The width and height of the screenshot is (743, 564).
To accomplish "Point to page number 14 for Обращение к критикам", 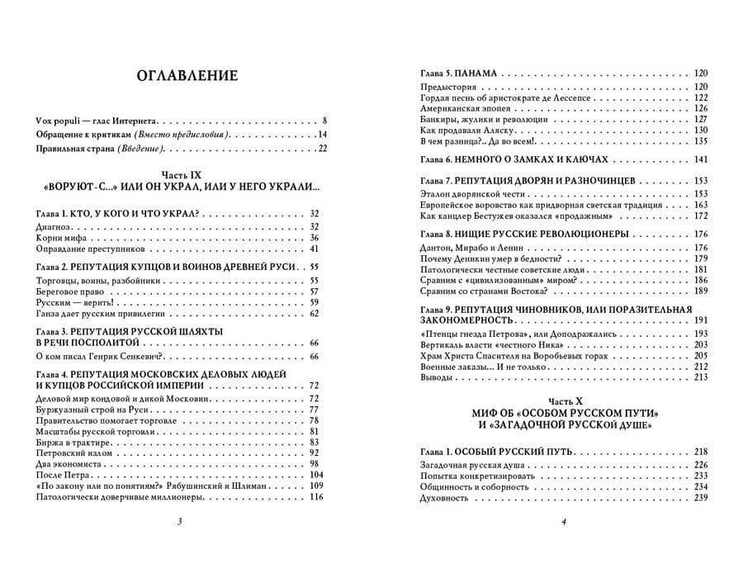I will tap(322, 134).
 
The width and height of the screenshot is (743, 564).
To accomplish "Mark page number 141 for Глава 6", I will tap(701, 159).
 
